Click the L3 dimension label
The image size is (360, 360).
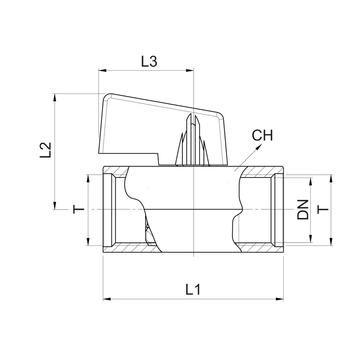(149, 61)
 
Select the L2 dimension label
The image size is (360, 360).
(45, 150)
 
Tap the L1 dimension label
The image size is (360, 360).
(193, 289)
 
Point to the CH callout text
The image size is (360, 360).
(262, 135)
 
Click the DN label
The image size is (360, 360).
(303, 210)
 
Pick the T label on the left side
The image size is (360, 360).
(79, 210)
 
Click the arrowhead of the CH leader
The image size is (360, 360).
(259, 147)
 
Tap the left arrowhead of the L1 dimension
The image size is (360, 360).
(107, 299)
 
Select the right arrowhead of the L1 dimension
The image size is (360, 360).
(279, 299)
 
